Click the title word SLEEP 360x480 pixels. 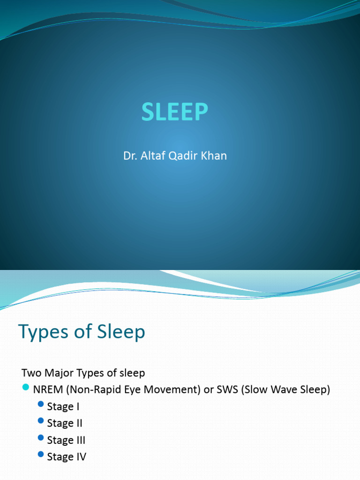click(x=174, y=112)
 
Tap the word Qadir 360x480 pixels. click(x=180, y=156)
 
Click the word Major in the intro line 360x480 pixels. click(x=59, y=373)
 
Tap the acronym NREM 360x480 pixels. click(x=46, y=390)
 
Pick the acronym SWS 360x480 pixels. click(x=226, y=390)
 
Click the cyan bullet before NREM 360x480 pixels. click(x=26, y=387)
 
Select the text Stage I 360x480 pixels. click(x=63, y=406)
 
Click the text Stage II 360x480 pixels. click(x=65, y=423)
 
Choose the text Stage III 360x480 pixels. click(x=66, y=440)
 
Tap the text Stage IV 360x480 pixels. click(x=67, y=457)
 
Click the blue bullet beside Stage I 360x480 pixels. click(x=40, y=404)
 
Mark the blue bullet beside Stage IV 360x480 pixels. click(x=40, y=455)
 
